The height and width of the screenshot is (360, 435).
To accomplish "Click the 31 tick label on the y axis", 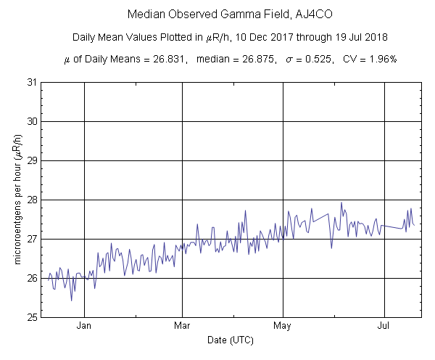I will (32, 82).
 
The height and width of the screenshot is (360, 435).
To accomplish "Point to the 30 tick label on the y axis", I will (32, 121).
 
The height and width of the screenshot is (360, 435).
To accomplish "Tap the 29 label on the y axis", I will (32, 160).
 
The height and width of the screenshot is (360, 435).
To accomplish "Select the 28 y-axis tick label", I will (32, 200).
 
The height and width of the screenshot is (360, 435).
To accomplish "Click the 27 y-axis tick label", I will (32, 239).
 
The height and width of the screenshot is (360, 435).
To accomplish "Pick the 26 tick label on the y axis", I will (32, 278).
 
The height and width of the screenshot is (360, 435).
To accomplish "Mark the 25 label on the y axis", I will (32, 317).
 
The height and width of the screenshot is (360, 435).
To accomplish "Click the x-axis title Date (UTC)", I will (231, 340).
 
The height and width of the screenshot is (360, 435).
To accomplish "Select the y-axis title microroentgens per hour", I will (18, 200).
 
